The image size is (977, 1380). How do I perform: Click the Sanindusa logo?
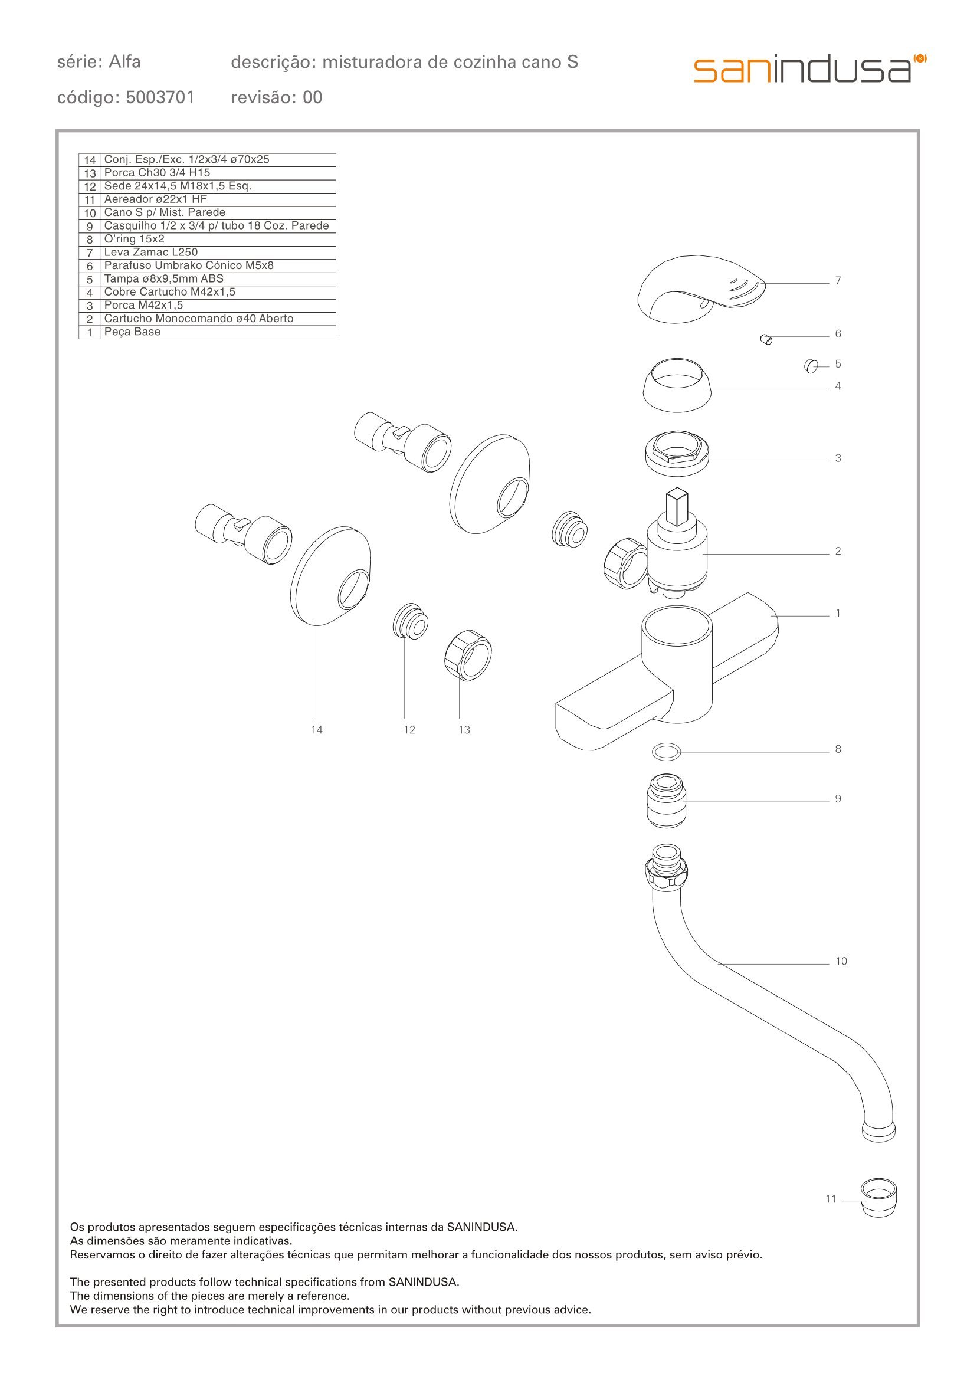(x=810, y=69)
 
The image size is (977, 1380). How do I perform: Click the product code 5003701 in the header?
(x=160, y=97)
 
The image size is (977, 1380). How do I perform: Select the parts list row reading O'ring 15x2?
(x=207, y=239)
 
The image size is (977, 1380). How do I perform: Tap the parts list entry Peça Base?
(x=207, y=332)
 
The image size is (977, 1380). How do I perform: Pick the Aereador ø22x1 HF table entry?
(x=207, y=199)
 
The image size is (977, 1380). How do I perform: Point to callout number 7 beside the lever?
(x=838, y=280)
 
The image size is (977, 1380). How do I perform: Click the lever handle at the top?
(x=701, y=288)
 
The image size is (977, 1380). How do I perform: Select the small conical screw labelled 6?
(x=766, y=340)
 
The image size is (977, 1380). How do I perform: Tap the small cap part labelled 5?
(x=811, y=366)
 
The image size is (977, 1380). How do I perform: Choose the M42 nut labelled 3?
(x=677, y=454)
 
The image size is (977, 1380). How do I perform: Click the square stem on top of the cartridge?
(x=677, y=507)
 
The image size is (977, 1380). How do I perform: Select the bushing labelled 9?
(x=666, y=801)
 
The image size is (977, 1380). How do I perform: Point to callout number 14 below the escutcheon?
(x=316, y=730)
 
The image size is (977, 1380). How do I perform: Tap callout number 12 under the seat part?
(x=409, y=730)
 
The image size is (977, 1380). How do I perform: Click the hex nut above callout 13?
(x=467, y=655)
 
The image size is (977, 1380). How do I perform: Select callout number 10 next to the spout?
(x=841, y=961)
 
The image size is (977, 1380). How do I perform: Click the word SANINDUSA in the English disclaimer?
(x=424, y=1282)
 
